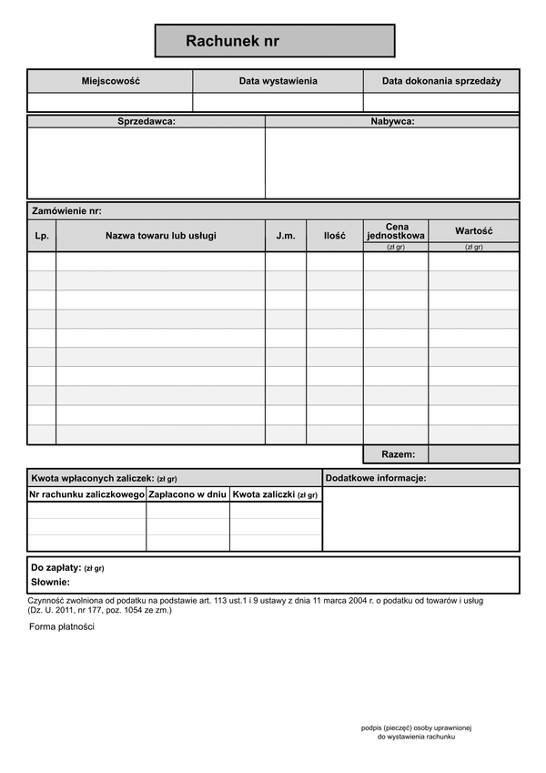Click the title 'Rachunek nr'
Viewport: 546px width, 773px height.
click(232, 41)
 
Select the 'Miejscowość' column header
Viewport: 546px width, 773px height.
click(110, 81)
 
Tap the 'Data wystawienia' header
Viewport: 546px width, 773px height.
click(278, 81)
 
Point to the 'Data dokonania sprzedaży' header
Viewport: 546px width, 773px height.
click(441, 81)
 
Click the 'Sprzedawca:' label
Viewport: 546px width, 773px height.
click(147, 121)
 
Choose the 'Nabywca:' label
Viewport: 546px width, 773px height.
click(392, 121)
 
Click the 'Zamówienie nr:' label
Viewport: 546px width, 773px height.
click(66, 210)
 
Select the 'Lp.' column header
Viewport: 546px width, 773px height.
click(42, 236)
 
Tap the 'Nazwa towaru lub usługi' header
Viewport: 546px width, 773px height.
click(161, 236)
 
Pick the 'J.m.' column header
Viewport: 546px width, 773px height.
click(286, 236)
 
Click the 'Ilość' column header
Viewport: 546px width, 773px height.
click(334, 236)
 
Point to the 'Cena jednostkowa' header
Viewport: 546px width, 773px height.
click(396, 231)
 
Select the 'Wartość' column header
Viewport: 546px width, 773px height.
click(473, 231)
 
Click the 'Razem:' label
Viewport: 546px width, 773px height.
click(399, 453)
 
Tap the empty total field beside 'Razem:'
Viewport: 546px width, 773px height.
click(473, 453)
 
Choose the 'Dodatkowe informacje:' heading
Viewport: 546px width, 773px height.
click(375, 478)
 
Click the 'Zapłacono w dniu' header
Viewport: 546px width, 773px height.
click(187, 494)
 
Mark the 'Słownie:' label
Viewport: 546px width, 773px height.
click(50, 582)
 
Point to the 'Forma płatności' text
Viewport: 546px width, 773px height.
click(62, 626)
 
